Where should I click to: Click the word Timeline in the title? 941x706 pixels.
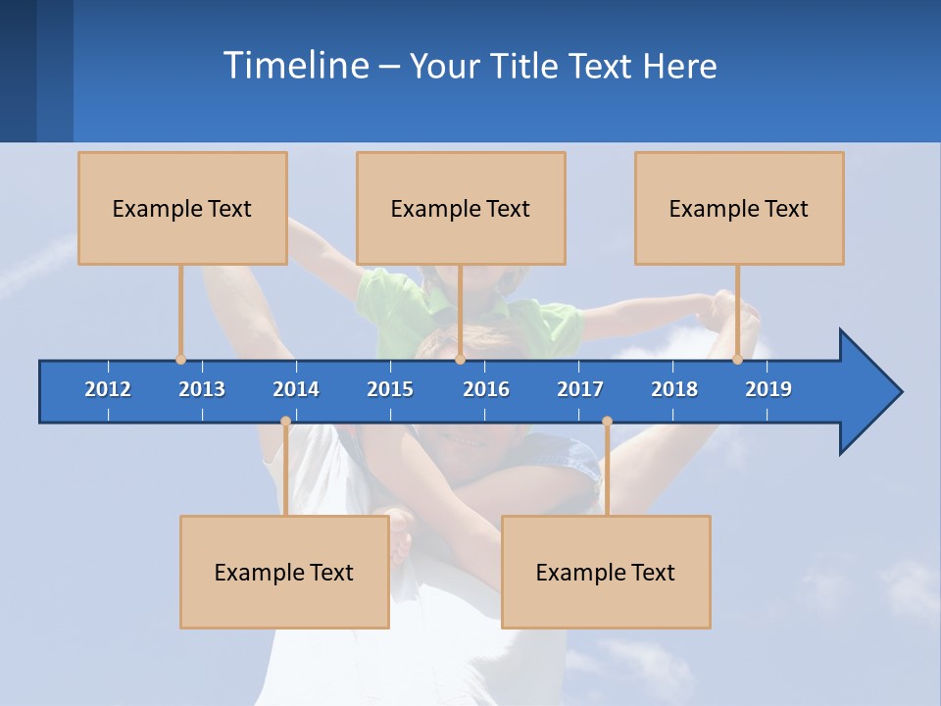(x=295, y=66)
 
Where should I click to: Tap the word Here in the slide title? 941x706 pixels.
(x=679, y=67)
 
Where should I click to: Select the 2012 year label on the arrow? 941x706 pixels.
(x=108, y=389)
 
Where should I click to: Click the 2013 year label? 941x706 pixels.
(x=202, y=389)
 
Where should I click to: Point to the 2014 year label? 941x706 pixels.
(x=296, y=389)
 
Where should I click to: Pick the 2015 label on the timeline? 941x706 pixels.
(x=390, y=389)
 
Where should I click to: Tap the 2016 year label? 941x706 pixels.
(x=486, y=389)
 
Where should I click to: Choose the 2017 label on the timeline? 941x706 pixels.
(x=580, y=389)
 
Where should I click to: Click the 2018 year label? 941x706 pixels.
(x=674, y=389)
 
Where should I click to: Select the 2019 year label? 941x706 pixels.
(x=768, y=389)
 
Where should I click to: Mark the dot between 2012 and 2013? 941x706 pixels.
(x=180, y=360)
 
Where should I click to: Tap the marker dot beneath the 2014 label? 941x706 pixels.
(x=285, y=422)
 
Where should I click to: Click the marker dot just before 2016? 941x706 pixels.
(x=460, y=360)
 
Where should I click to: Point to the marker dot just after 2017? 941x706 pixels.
(x=607, y=422)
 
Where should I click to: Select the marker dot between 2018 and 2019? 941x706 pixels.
(x=737, y=360)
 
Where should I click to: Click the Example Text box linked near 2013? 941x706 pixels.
(x=182, y=209)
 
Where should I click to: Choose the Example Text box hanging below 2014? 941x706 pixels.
(x=284, y=573)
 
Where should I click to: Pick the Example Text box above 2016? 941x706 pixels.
(x=461, y=209)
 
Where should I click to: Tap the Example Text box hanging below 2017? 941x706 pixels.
(x=606, y=573)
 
